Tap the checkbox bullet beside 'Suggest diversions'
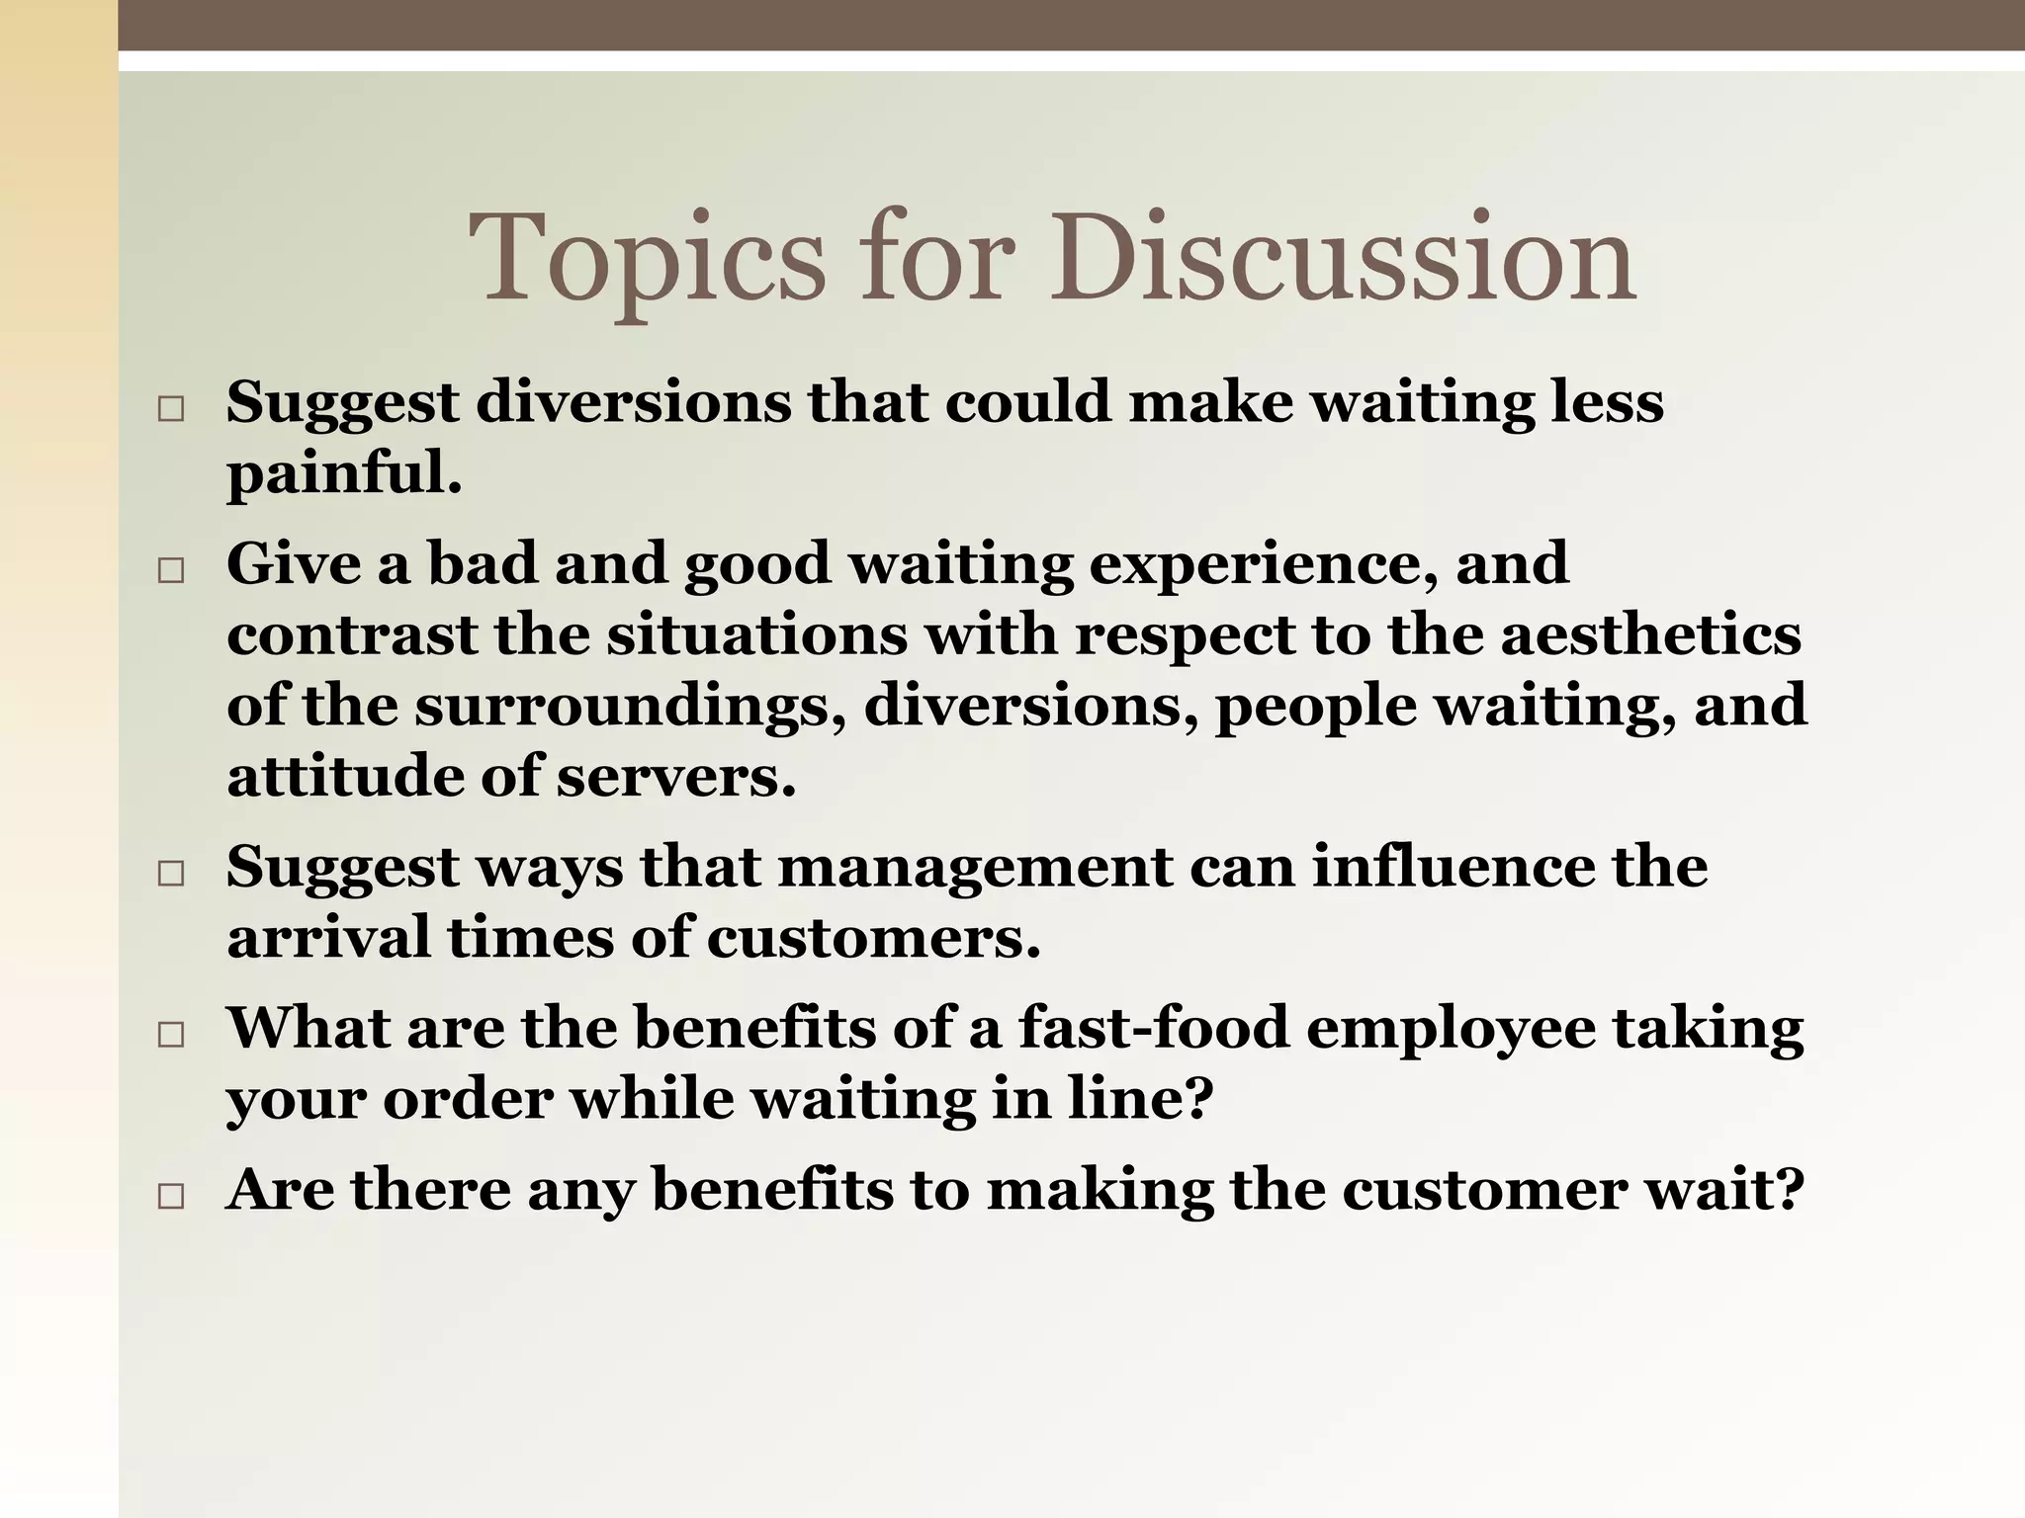[x=171, y=409]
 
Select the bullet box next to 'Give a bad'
[x=171, y=570]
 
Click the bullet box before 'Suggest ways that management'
[x=171, y=874]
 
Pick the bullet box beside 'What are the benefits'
[x=171, y=1035]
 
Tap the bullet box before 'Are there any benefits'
[x=171, y=1196]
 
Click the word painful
[x=342, y=474]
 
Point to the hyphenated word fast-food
[x=1153, y=1027]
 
